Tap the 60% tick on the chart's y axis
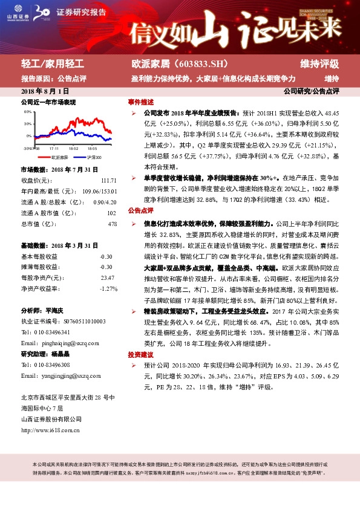(28, 112)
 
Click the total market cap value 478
(111, 224)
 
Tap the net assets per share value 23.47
(107, 277)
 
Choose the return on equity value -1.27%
(108, 288)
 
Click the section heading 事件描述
(140, 102)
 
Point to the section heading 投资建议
(140, 355)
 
